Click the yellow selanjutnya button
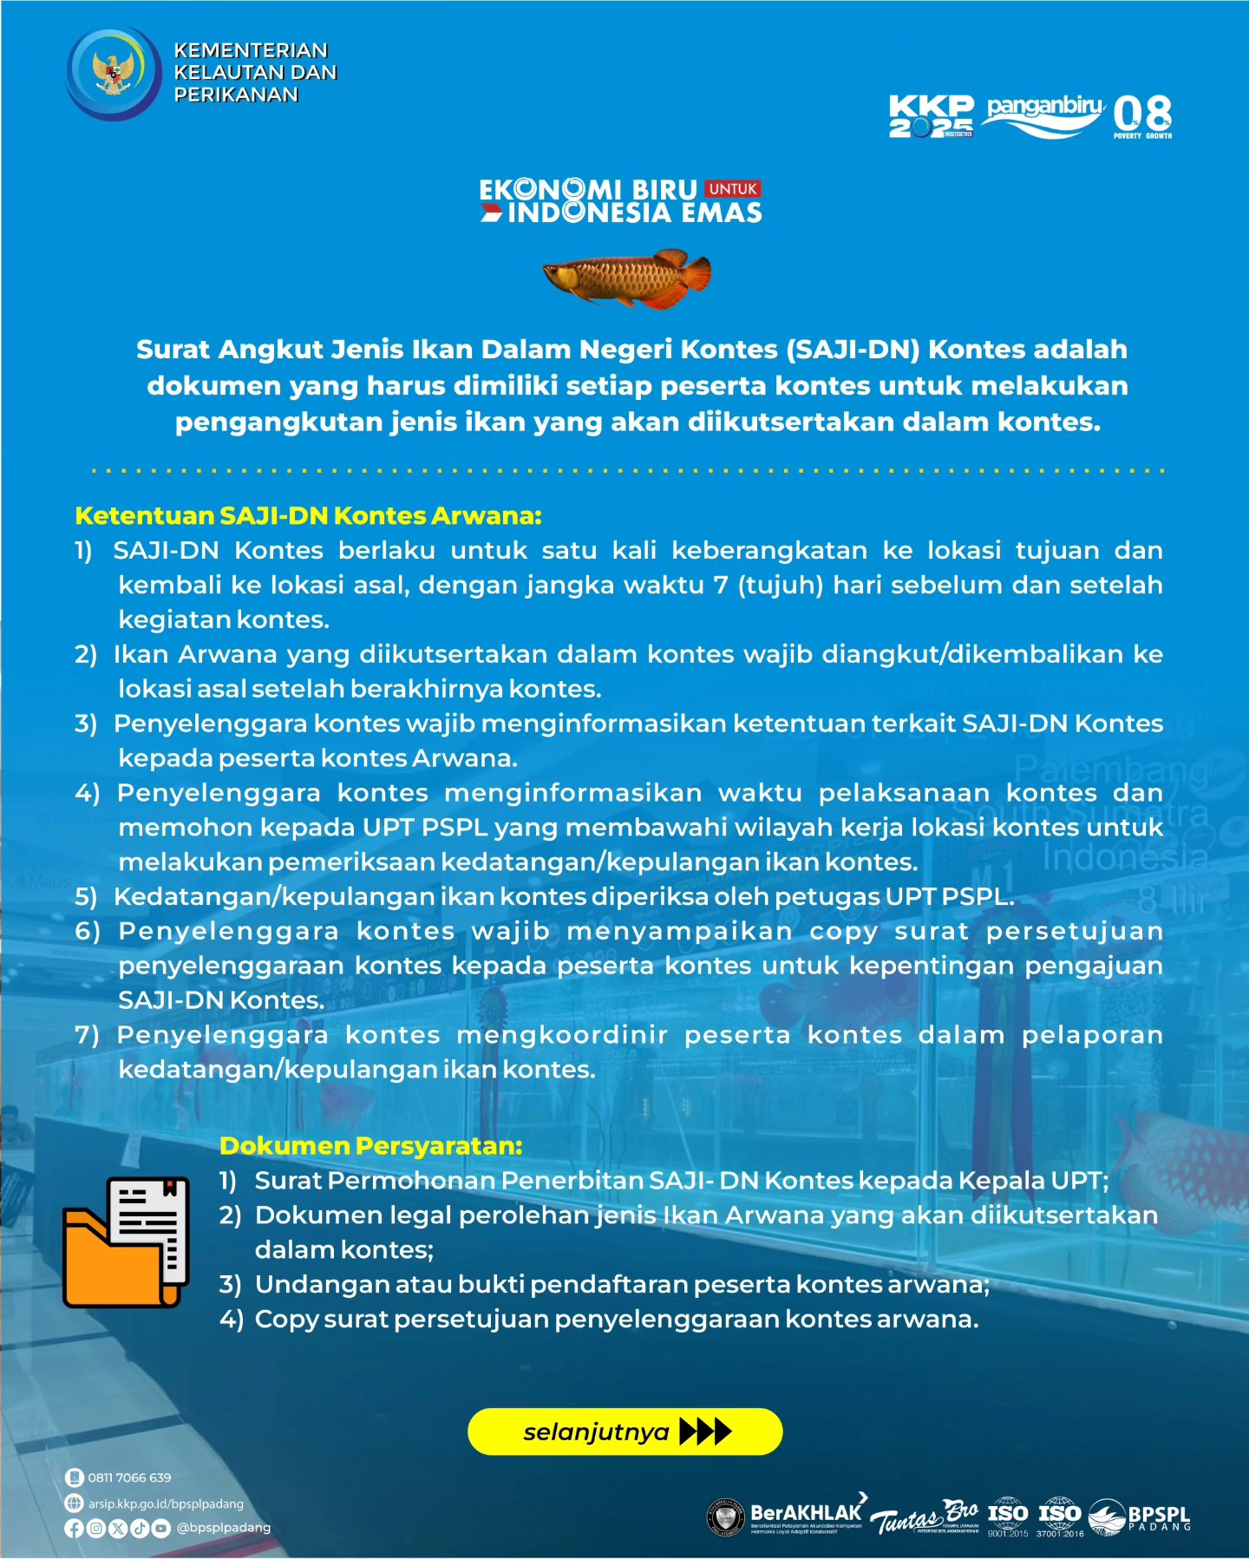624,1431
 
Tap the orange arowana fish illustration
627,278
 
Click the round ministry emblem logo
114,73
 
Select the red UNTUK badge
733,188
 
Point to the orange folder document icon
126,1241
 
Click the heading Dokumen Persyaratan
370,1145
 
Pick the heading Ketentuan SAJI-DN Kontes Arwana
308,515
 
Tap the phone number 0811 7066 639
129,1477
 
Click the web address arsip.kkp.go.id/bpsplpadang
166,1503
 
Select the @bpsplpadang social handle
224,1528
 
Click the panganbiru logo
1045,115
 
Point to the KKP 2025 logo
931,116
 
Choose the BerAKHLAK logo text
806,1514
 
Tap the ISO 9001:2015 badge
1008,1516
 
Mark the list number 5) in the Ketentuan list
85,896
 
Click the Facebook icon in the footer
75,1529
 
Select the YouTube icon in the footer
161,1529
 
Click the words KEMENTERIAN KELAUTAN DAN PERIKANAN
255,73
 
